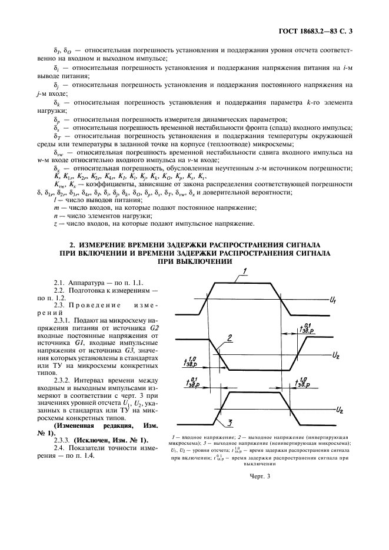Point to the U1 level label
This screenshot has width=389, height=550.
coord(333,301)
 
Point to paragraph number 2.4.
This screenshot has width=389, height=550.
coord(61,448)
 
